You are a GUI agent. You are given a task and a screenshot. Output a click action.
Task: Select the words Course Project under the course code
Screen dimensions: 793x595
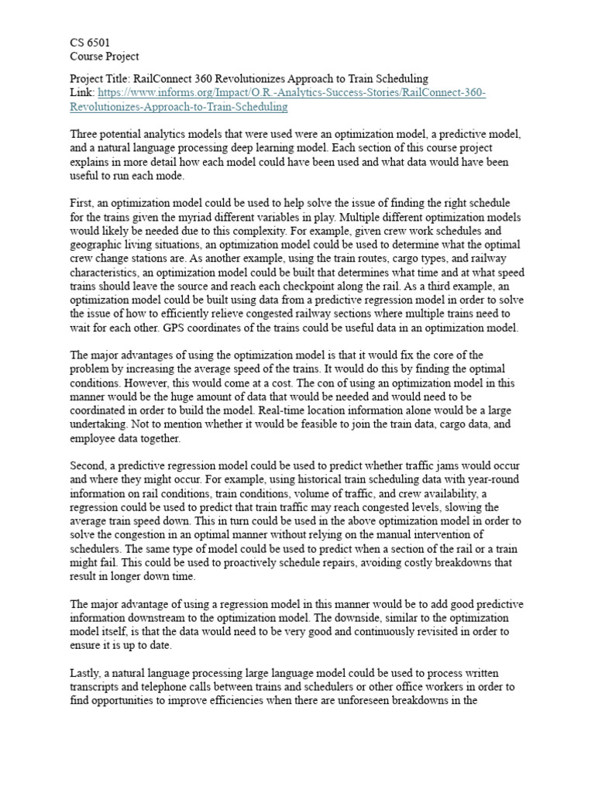(x=105, y=57)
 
